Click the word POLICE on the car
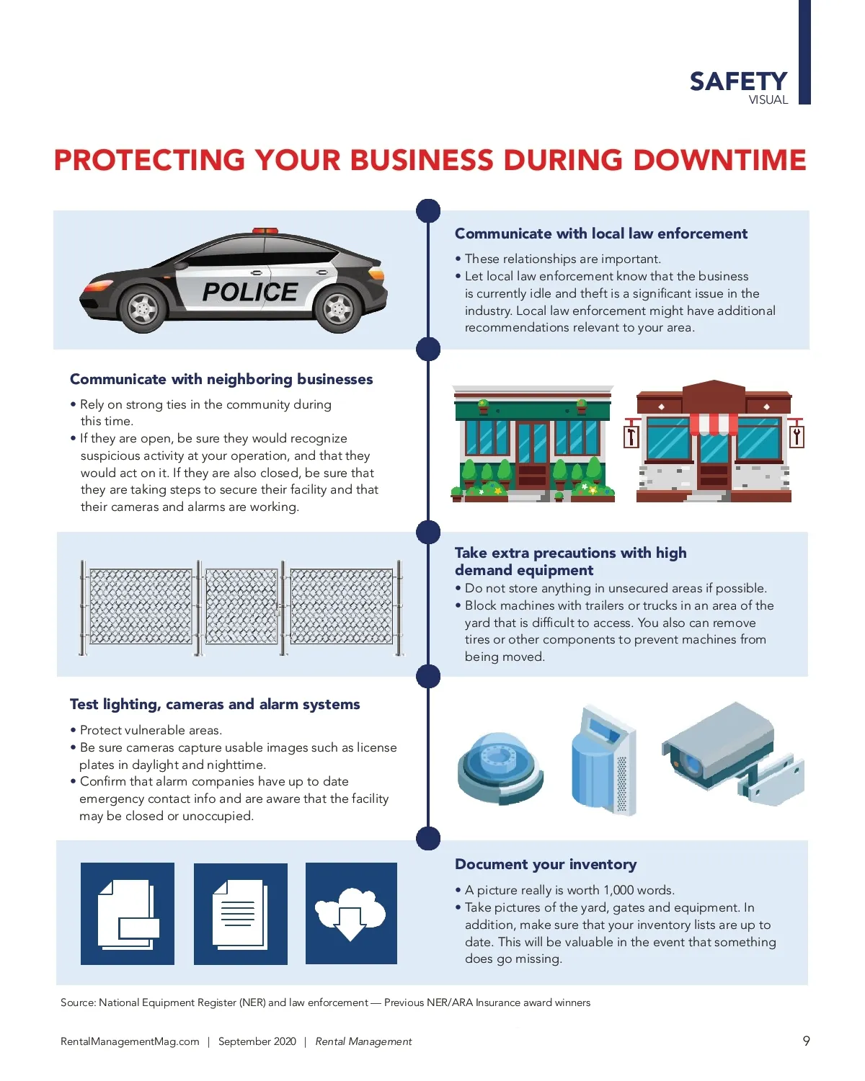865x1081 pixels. coord(250,292)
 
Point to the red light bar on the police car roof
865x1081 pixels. coord(265,231)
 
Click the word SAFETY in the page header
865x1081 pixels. coord(738,81)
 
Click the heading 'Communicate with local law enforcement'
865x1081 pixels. coord(600,233)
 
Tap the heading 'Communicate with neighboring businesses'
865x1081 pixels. coord(221,379)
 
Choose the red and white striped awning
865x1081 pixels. coord(714,424)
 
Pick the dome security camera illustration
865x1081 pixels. coord(500,768)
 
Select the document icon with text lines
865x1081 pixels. coord(240,915)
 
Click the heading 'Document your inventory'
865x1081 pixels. coord(546,865)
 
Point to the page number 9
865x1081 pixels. coord(806,1041)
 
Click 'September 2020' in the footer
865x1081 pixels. coord(257,1041)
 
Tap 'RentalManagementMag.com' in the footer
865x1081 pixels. coord(130,1041)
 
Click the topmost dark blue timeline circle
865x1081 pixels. coord(428,210)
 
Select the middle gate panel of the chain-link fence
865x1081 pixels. coord(241,606)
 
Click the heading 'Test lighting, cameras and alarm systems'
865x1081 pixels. coord(215,704)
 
